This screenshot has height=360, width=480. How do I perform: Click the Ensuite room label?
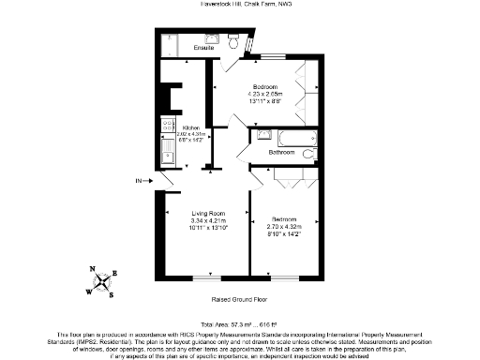pyautogui.click(x=203, y=48)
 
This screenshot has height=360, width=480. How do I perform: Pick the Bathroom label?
pyautogui.click(x=282, y=152)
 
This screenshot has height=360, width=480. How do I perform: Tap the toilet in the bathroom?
pyautogui.click(x=308, y=153)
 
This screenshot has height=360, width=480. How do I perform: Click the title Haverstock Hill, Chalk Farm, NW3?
pyautogui.click(x=240, y=6)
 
